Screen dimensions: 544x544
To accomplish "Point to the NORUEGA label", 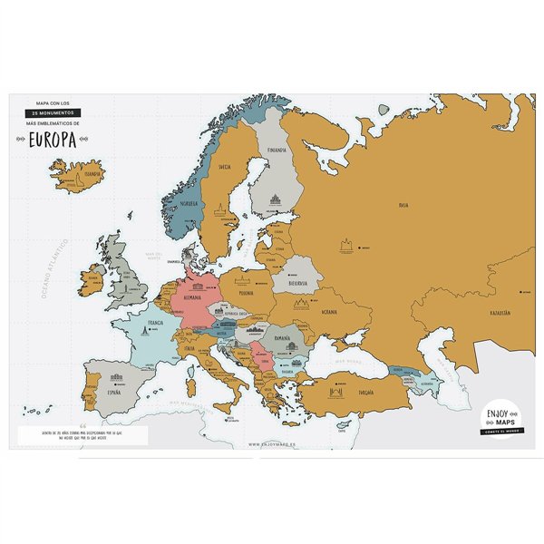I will point(189,203).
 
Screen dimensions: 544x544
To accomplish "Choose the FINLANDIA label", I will point(277,150).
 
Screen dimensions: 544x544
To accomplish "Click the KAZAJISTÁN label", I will point(499,313).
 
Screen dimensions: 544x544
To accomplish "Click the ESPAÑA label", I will point(114,394).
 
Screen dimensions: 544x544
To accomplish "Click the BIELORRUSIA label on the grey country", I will point(296,282).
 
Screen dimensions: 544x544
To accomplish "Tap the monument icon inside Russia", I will point(345,245).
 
